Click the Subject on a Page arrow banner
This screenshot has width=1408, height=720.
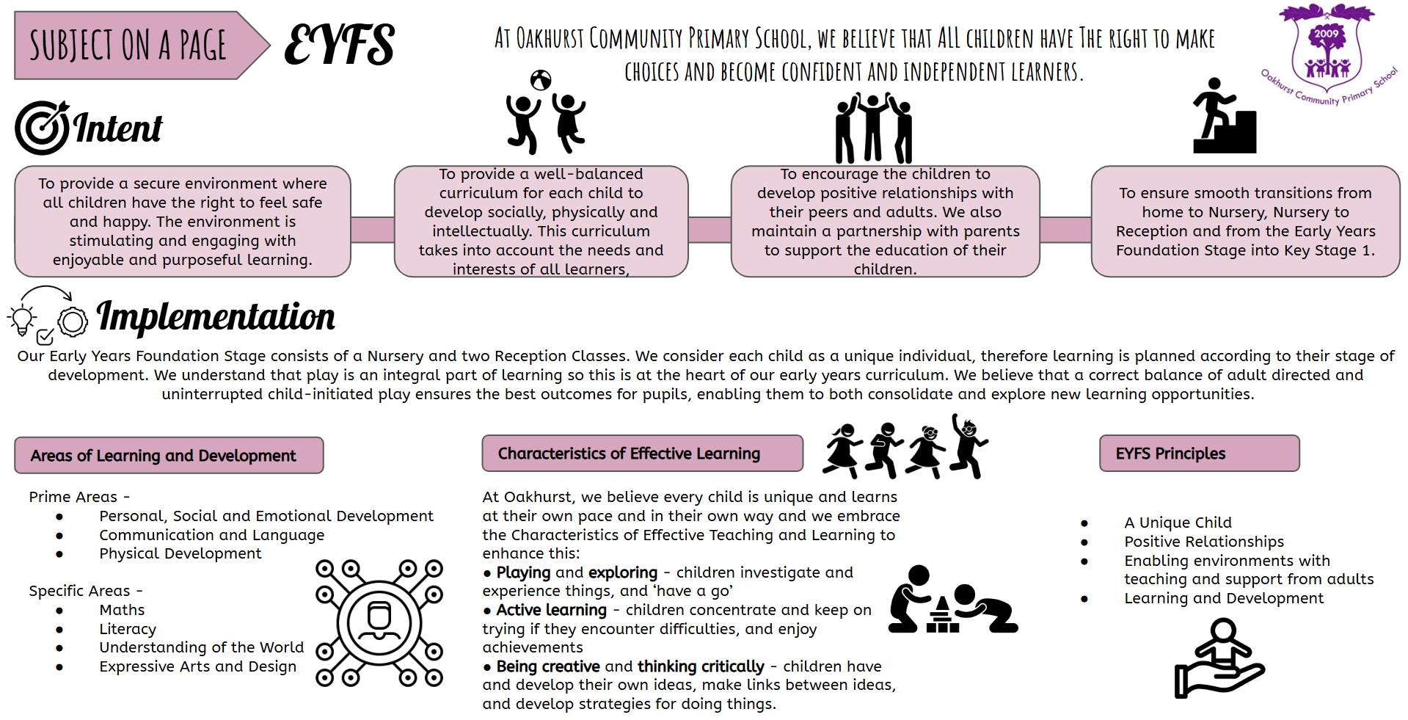click(x=139, y=46)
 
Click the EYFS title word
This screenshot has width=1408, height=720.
click(x=339, y=44)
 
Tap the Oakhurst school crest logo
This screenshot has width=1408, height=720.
click(x=1327, y=53)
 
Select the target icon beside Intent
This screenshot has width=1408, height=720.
click(x=43, y=128)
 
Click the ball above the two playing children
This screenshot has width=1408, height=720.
click(x=541, y=80)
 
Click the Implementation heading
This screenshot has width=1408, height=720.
click(x=216, y=317)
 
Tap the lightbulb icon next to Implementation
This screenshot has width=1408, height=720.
click(x=21, y=321)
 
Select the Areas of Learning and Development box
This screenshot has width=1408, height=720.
click(x=169, y=455)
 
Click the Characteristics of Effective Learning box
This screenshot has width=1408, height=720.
click(x=642, y=453)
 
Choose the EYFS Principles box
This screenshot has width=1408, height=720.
click(x=1199, y=453)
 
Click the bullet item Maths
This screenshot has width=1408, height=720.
click(x=122, y=610)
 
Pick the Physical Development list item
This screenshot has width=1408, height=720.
click(x=180, y=553)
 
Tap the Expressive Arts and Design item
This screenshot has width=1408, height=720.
click(x=198, y=666)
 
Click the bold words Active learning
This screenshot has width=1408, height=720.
click(x=551, y=610)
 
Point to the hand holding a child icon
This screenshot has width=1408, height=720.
click(x=1219, y=658)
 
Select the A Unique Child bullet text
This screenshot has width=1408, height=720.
click(x=1178, y=523)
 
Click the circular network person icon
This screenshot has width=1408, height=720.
click(x=379, y=623)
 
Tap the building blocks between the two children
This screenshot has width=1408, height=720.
click(x=943, y=615)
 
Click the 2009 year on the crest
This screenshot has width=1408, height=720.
click(x=1326, y=34)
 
